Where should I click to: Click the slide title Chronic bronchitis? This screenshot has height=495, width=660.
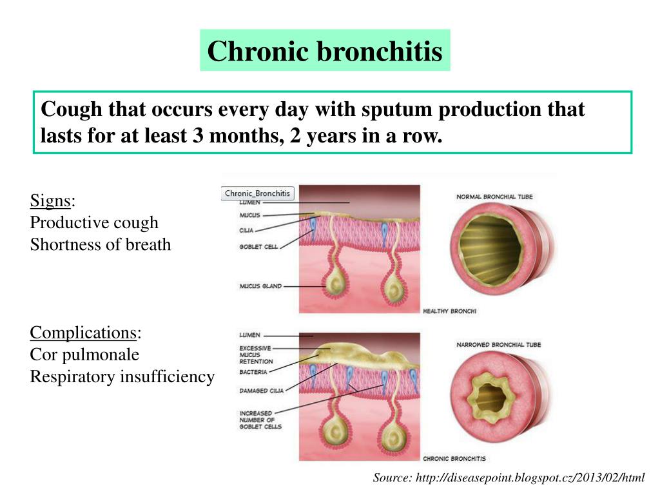tap(325, 51)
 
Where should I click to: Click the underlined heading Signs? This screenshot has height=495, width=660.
tap(50, 200)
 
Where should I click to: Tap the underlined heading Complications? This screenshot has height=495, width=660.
tap(83, 333)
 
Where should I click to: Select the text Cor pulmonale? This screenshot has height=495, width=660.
tap(84, 354)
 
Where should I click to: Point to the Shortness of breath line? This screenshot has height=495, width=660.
tap(101, 244)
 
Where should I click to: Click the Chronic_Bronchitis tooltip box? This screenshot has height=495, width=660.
tap(258, 193)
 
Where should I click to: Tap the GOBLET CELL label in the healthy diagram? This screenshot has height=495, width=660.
tap(258, 247)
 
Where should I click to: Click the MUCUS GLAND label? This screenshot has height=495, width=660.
tap(260, 286)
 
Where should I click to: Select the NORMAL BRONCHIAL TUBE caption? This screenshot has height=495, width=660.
tap(494, 197)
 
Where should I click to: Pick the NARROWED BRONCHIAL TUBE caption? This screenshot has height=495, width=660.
tap(498, 345)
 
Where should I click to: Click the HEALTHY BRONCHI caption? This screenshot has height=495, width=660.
tap(449, 311)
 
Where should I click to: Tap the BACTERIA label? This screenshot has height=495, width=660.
tap(253, 372)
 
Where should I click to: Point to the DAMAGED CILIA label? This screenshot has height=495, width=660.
tap(262, 391)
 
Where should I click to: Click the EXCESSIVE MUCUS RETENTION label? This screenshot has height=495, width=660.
tap(256, 355)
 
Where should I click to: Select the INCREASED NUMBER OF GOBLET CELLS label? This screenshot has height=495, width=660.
tap(260, 420)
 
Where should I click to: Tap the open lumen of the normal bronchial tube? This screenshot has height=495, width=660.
tap(490, 249)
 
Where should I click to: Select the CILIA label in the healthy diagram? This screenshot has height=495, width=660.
tap(246, 231)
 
